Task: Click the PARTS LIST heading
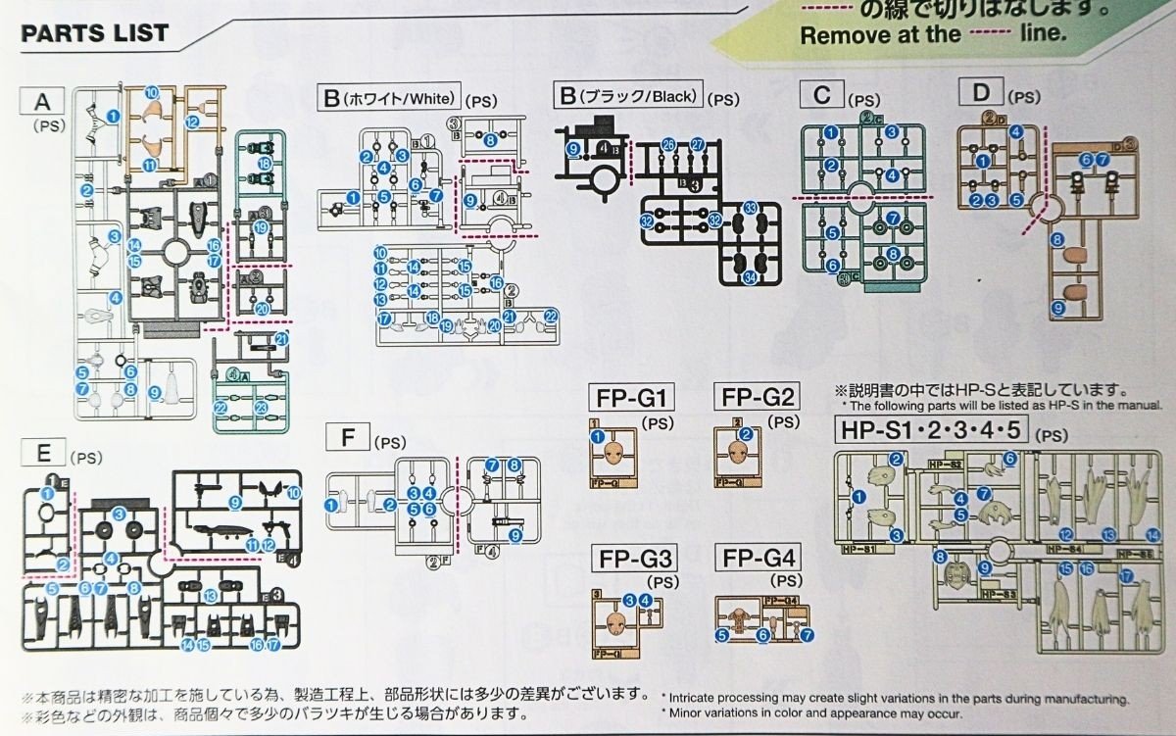(95, 33)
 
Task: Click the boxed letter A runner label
(42, 101)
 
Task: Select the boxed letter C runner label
(822, 95)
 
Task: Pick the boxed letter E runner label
(42, 453)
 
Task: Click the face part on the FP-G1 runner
(614, 454)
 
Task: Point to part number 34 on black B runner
(749, 277)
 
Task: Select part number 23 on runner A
(261, 409)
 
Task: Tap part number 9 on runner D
(1058, 308)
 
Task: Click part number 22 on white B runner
(551, 316)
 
